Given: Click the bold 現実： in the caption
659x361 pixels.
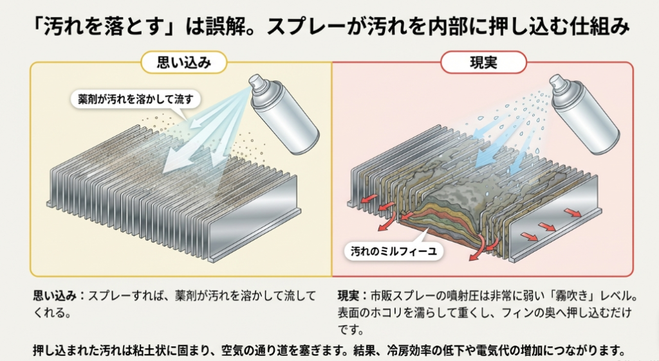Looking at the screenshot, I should (353, 297).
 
